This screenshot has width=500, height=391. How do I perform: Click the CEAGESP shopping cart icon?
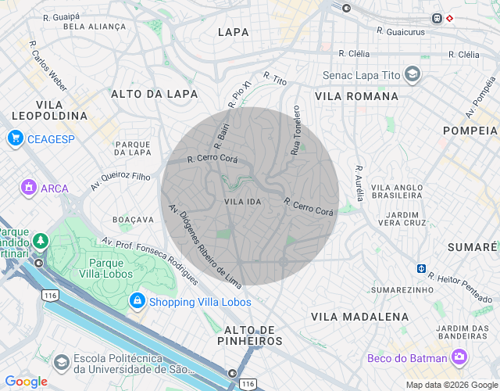(15, 138)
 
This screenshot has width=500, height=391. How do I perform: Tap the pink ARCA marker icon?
(28, 188)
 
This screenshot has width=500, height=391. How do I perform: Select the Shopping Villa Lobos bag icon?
(137, 301)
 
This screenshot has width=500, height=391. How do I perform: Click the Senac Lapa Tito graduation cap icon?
(412, 76)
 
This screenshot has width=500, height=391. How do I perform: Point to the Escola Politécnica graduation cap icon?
(61, 362)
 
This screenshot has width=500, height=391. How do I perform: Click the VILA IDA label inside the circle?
(242, 202)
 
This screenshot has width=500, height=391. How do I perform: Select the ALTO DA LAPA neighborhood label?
(154, 94)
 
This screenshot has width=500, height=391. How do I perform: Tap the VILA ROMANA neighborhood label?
(357, 96)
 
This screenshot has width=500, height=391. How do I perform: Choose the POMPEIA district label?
(470, 130)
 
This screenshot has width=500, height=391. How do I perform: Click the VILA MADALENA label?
(359, 316)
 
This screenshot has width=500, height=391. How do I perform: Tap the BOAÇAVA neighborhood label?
(134, 219)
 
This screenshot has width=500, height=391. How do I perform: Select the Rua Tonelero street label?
(296, 130)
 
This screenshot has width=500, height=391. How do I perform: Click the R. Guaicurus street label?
(400, 31)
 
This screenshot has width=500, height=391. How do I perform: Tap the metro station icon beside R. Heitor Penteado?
(421, 268)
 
